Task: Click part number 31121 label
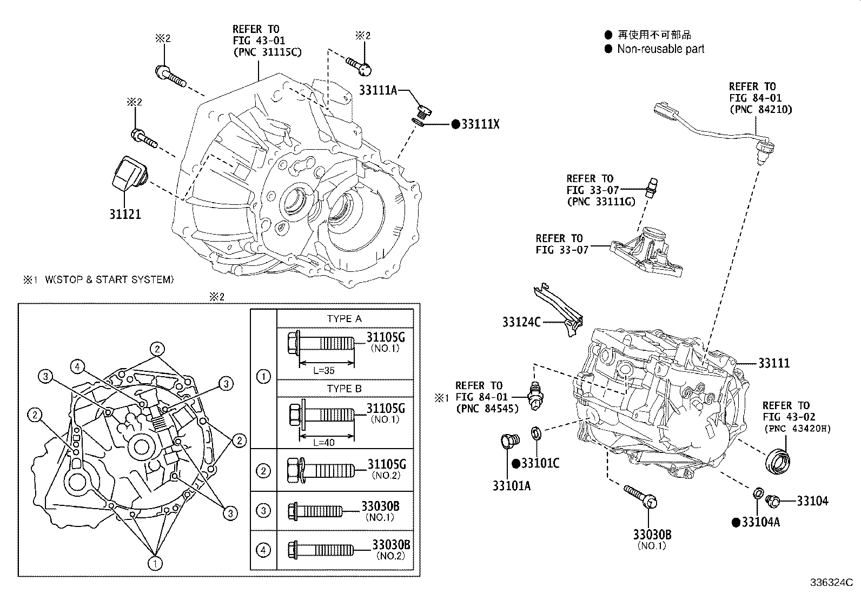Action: coord(125,214)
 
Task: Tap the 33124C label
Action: coord(521,322)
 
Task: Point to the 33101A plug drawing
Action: coord(509,443)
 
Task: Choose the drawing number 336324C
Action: coord(831,583)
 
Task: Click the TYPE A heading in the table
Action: coord(344,318)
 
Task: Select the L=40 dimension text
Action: coord(324,442)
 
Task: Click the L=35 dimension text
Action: coord(324,371)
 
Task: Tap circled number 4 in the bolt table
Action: coord(263,550)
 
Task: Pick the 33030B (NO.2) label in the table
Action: coord(391,545)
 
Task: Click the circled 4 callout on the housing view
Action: coord(78,367)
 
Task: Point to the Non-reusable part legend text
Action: coord(660,49)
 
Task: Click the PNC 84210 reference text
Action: coord(760,109)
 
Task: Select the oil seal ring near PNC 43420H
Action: coord(778,459)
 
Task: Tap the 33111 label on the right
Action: coord(773,363)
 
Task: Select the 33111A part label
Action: coord(378,90)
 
